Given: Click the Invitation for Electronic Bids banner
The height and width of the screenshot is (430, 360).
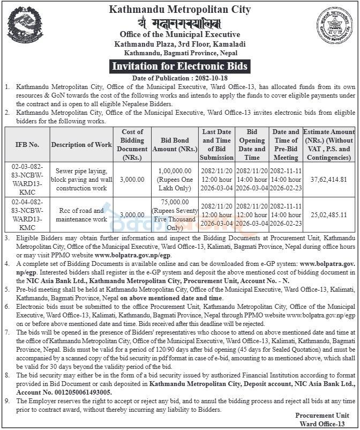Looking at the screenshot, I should [179, 66].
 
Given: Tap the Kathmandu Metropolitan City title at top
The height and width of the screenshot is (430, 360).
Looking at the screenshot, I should [179, 9].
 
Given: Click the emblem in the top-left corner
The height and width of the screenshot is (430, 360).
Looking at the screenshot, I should [25, 25].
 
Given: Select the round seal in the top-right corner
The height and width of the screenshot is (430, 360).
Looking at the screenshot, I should [334, 26].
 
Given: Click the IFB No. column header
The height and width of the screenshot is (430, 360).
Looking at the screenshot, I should [27, 145].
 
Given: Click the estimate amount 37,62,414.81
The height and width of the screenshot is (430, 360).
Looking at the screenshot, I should [329, 180].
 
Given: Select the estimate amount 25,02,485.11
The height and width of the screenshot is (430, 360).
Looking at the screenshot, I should [329, 215].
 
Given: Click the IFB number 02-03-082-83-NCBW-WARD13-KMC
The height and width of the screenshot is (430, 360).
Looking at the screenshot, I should [27, 180].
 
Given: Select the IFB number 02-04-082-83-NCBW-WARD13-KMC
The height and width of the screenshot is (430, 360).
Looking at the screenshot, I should [27, 215].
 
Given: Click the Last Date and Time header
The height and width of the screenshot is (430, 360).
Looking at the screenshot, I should [216, 145].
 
